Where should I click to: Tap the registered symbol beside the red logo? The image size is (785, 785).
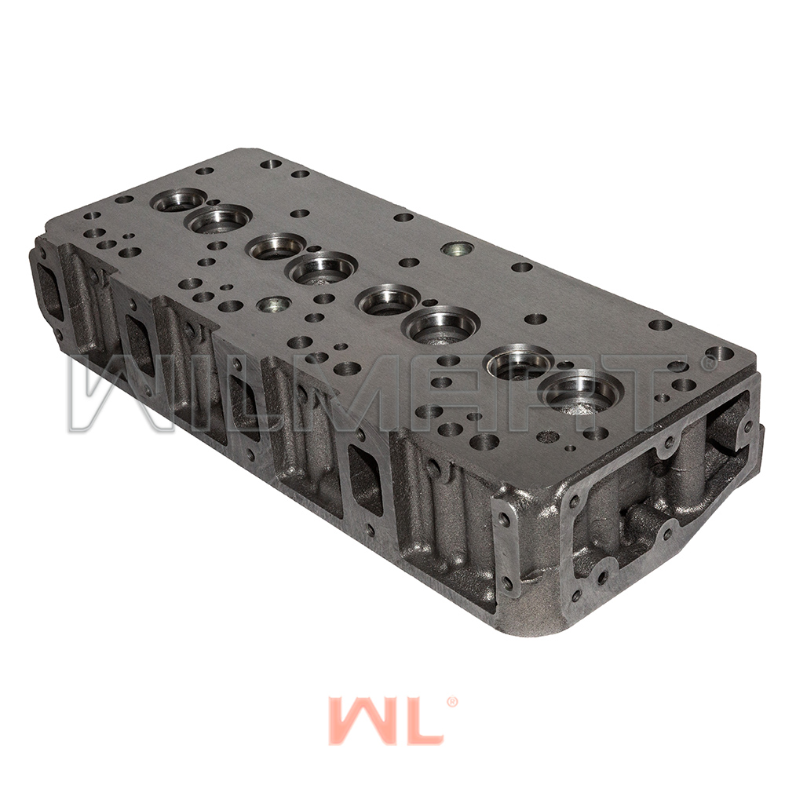click(x=451, y=702)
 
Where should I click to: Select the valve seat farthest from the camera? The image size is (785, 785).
click(x=178, y=203)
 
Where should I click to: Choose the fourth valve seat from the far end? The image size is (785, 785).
click(x=322, y=268)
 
